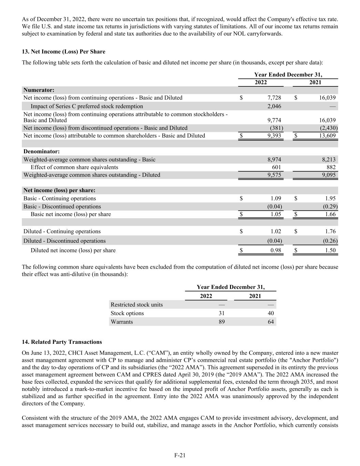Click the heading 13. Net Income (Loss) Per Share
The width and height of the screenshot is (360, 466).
tap(63, 52)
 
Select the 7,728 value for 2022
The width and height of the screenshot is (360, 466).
tap(274, 98)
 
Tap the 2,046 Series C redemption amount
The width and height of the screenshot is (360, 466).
tap(274, 106)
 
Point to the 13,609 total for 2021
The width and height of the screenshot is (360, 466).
tap(327, 136)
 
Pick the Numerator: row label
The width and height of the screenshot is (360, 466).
tap(39, 90)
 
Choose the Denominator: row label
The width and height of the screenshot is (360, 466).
tap(41, 151)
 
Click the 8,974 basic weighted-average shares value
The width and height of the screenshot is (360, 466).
tap(274, 159)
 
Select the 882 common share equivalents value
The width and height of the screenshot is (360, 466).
tap(331, 167)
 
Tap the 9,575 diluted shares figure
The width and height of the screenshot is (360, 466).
tap(274, 175)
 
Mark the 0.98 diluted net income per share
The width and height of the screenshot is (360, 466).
tap(275, 250)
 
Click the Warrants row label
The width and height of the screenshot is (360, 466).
tap(122, 322)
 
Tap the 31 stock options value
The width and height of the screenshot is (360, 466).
tap(221, 313)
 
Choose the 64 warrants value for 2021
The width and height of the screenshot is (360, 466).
tap(271, 322)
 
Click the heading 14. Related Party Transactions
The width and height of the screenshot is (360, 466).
tap(62, 342)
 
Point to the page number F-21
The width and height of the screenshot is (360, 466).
tap(180, 455)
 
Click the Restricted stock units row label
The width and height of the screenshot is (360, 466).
tap(136, 305)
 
